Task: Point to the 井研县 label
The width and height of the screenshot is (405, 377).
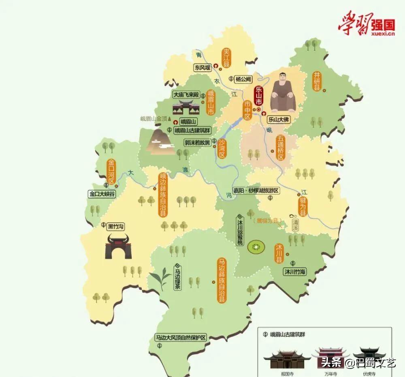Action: coord(317,81)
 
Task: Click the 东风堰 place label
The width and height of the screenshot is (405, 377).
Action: coord(203,68)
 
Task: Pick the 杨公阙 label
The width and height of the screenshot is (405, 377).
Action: coord(243,79)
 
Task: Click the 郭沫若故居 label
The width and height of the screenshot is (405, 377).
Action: coord(198,143)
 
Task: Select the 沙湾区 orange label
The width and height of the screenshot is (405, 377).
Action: coord(222,148)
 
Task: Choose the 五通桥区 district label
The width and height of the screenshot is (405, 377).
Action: coord(281,148)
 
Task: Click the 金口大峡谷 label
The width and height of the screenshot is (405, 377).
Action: coord(102,194)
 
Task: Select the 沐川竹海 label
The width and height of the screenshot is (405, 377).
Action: coord(294,272)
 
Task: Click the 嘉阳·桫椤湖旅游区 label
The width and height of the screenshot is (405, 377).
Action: coord(250,190)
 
